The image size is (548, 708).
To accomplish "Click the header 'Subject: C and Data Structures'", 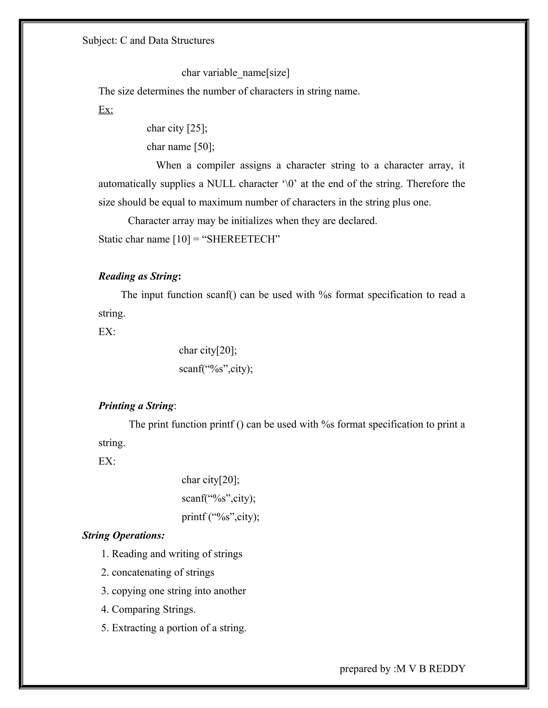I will click(148, 41).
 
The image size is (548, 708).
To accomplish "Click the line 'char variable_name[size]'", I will click(235, 73).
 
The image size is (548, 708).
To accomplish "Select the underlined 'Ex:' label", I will click(106, 110).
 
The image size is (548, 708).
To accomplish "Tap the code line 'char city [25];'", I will click(177, 128).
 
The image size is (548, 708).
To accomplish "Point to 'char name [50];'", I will click(181, 147).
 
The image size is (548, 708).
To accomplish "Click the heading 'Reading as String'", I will click(139, 276).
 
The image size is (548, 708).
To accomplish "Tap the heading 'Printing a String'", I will click(136, 406).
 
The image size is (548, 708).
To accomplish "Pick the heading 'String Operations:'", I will click(123, 535).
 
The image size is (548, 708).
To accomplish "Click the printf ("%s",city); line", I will click(220, 517).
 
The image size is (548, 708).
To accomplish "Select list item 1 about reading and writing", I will click(172, 554).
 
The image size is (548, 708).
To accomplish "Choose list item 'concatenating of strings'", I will click(158, 572).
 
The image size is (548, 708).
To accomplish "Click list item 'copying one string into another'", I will click(173, 591).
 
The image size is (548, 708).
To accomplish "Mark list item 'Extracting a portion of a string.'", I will click(174, 628).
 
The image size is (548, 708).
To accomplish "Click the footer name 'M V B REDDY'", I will click(431, 668).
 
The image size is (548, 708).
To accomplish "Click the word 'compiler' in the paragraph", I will click(216, 165).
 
